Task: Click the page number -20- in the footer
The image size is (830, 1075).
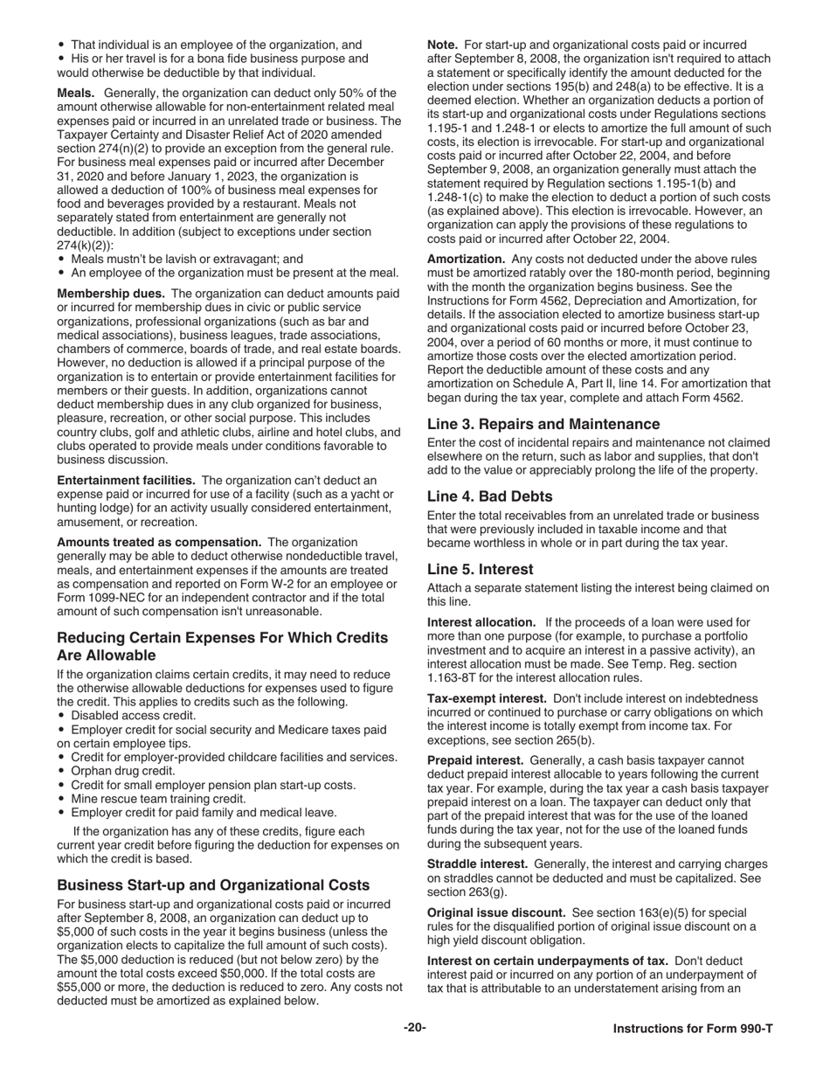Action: point(415,1028)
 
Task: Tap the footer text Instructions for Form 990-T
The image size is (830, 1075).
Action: point(692,1029)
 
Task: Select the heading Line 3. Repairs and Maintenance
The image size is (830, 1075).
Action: point(543,424)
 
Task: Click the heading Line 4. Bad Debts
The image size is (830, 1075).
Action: point(489,496)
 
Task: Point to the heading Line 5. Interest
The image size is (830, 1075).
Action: point(480,569)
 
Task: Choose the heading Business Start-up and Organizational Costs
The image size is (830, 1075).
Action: point(213,885)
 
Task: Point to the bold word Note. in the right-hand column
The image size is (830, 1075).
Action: point(442,45)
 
